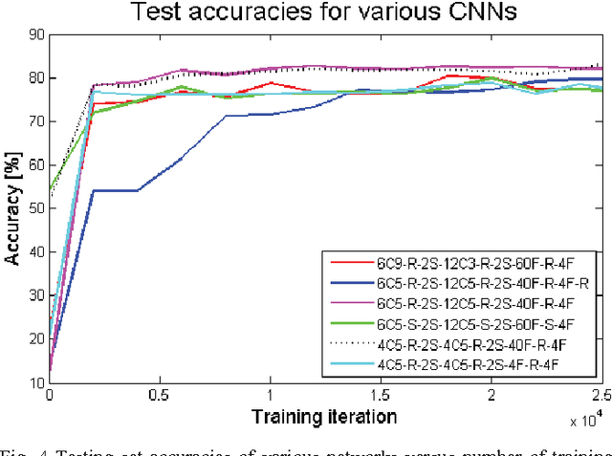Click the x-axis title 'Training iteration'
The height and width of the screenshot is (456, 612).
coord(326,416)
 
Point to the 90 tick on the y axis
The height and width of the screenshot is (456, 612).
coord(35,34)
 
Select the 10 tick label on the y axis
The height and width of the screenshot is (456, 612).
coord(35,382)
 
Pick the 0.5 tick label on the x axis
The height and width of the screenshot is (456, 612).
coord(160,395)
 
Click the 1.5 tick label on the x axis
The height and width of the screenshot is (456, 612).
coord(381,395)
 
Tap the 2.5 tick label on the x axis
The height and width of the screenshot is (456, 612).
coord(601,395)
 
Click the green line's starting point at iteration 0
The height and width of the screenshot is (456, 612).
coord(50,189)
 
